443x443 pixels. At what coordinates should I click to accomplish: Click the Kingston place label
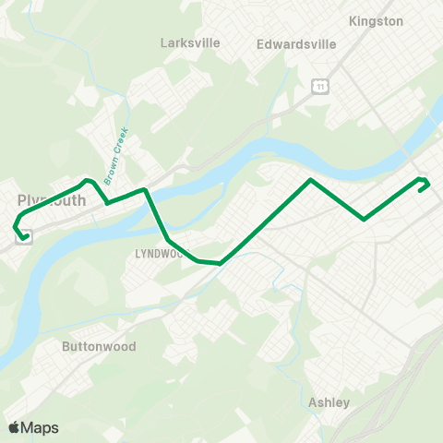[377, 20]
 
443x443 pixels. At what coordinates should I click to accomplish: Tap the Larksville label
[187, 42]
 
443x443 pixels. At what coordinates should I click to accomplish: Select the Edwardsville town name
[296, 43]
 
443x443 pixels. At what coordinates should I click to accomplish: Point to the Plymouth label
[52, 200]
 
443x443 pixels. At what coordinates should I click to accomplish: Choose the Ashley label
[329, 402]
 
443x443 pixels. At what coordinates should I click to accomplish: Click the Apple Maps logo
[33, 427]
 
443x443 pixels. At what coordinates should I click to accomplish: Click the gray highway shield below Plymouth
[20, 234]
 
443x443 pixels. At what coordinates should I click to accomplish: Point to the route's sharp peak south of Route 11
[311, 180]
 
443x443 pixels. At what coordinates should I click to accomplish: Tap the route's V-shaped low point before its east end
[365, 219]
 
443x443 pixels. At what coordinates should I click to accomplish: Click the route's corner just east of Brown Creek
[144, 190]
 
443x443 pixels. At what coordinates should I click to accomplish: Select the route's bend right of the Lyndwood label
[198, 260]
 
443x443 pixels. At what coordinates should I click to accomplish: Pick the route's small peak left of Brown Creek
[87, 181]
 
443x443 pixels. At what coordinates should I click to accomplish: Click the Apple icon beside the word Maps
[14, 427]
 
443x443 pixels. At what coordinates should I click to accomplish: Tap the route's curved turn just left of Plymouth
[16, 221]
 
